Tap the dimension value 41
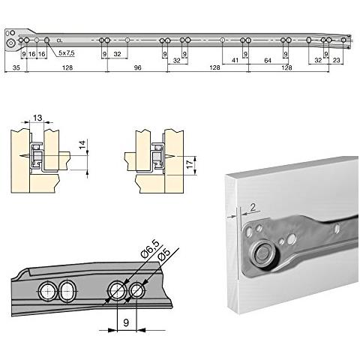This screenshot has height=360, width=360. point(235,59)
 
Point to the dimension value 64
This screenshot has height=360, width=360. point(267,59)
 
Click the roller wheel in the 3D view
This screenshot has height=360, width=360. point(261,253)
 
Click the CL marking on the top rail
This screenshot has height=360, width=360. point(58,40)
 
